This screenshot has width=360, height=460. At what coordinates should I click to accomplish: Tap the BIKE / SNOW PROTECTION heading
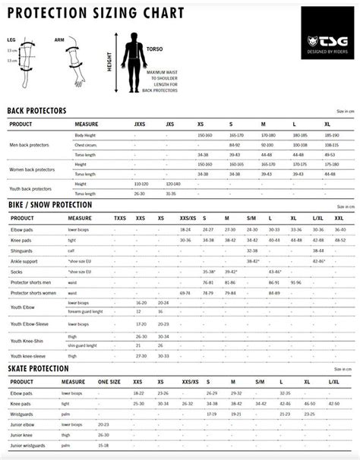pos(49,205)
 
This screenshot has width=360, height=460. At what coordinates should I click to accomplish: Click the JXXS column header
pos(140,124)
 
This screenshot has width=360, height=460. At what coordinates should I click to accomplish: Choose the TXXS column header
pos(120,218)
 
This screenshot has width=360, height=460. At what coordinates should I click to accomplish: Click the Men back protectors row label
pos(30,144)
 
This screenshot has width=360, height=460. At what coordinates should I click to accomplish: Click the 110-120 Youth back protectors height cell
pos(140,184)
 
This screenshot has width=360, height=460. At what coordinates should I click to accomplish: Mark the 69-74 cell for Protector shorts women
pos(185,292)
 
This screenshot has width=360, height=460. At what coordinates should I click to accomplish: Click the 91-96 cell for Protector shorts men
pos(295,282)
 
